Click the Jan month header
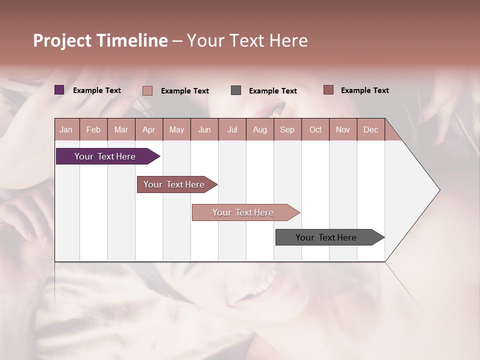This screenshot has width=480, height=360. [66, 129]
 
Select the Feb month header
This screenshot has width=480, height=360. [93, 129]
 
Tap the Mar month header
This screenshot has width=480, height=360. [121, 129]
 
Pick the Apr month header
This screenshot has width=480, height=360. [149, 129]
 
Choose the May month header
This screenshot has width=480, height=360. [176, 129]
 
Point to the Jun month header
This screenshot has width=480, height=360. [204, 129]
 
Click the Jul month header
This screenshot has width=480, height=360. [232, 129]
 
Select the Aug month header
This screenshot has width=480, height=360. [260, 129]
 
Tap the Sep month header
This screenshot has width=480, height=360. [287, 129]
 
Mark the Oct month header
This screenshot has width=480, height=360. [315, 129]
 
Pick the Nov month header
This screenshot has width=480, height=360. [343, 129]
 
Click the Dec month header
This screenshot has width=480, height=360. [371, 129]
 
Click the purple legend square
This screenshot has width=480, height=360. [59, 90]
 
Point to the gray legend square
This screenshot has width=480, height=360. [236, 90]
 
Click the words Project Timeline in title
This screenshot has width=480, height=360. [100, 40]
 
